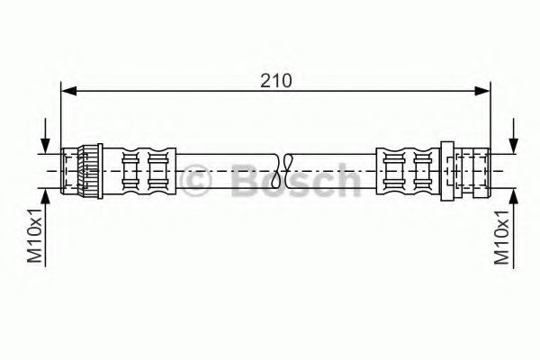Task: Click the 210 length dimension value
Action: (x=277, y=79)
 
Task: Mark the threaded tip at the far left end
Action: (x=67, y=168)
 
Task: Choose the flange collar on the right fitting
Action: (x=450, y=168)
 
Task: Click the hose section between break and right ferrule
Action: (x=333, y=168)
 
